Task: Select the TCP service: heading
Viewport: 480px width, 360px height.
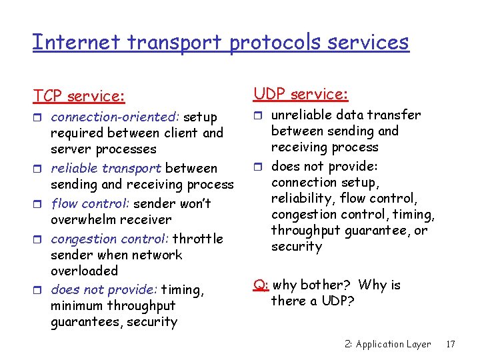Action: click(79, 96)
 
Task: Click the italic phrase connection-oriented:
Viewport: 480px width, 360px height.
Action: click(103, 117)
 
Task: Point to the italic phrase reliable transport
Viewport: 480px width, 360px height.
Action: click(106, 168)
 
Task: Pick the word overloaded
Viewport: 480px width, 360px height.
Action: click(84, 271)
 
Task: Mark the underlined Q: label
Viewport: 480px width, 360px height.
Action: click(261, 285)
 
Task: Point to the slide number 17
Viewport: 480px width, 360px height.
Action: click(450, 344)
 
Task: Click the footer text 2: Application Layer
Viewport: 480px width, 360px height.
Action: click(388, 344)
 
